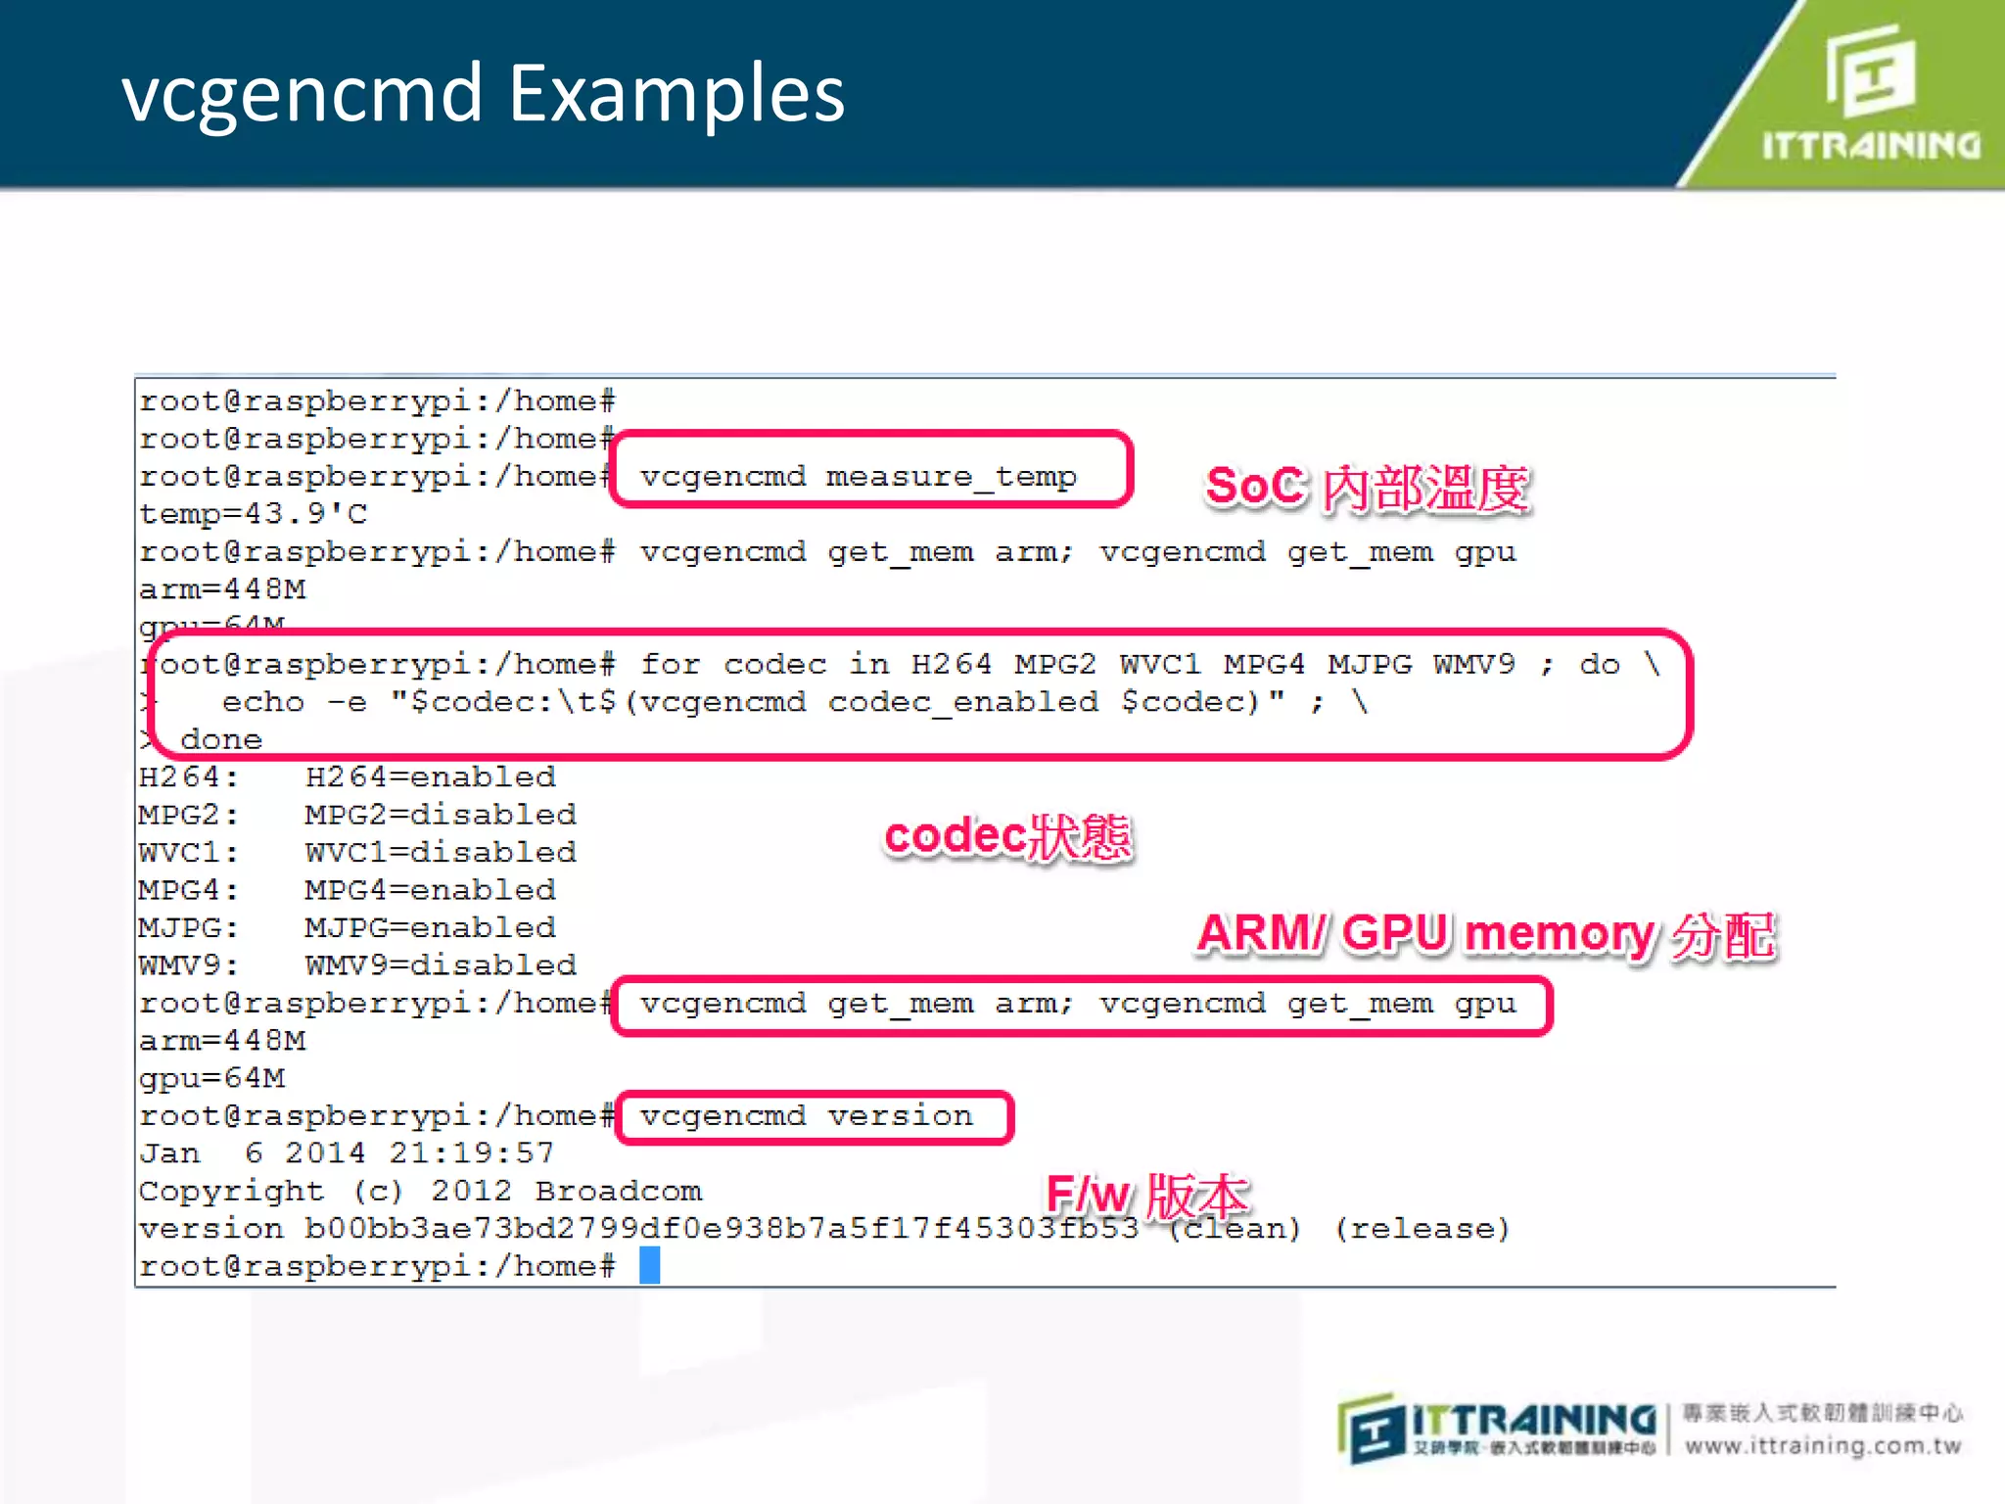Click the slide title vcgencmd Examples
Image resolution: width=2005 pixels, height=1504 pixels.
483,94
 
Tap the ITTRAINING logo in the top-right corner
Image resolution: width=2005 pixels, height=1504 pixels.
1870,93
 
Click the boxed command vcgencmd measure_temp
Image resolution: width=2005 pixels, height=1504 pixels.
859,477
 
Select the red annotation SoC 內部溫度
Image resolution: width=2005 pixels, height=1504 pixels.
1367,488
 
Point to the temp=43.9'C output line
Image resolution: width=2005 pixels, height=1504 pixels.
253,514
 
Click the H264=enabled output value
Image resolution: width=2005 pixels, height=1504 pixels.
430,777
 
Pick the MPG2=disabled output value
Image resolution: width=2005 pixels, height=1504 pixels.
440,815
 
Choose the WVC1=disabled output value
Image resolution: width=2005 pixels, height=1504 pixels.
440,853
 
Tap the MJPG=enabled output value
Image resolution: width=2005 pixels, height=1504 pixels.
430,927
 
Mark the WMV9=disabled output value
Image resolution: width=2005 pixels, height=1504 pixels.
440,965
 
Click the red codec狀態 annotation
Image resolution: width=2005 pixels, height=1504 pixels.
1007,837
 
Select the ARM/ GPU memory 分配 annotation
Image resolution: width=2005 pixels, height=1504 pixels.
1485,934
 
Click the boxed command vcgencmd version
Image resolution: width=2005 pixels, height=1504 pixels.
807,1116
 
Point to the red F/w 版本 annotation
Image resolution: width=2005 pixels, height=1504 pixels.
1146,1195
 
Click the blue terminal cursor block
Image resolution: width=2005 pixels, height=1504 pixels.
649,1265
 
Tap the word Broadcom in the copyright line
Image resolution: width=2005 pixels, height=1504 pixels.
618,1192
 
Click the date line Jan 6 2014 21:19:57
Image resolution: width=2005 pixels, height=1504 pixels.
347,1153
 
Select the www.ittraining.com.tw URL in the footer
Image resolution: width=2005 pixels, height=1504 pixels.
1823,1446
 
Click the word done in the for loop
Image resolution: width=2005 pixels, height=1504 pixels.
221,740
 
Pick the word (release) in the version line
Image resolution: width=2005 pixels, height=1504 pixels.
1422,1229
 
